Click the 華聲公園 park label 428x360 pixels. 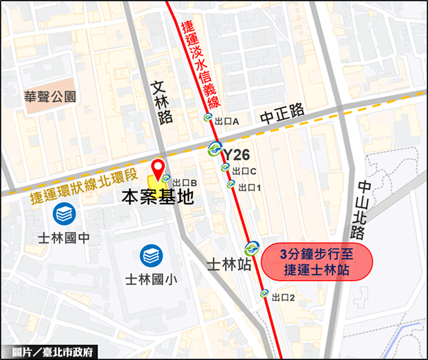pyautogui.click(x=50, y=96)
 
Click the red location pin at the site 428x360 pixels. pyautogui.click(x=158, y=169)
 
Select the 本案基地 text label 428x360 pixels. pyautogui.click(x=158, y=197)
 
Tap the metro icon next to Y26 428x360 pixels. pyautogui.click(x=215, y=149)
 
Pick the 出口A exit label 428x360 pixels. pyautogui.click(x=227, y=121)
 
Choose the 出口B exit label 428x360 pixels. pyautogui.click(x=184, y=182)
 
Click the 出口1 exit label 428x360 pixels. pyautogui.click(x=249, y=187)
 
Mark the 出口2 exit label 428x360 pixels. pyautogui.click(x=284, y=298)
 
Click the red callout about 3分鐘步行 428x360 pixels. pyautogui.click(x=316, y=262)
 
